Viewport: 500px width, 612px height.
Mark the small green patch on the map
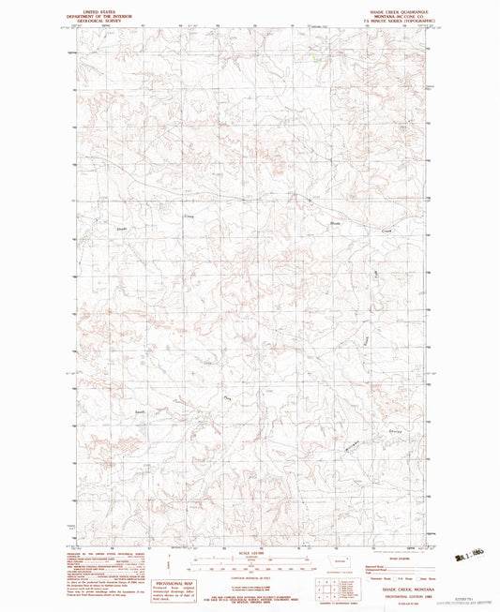316,62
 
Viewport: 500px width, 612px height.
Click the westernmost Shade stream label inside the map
121,228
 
